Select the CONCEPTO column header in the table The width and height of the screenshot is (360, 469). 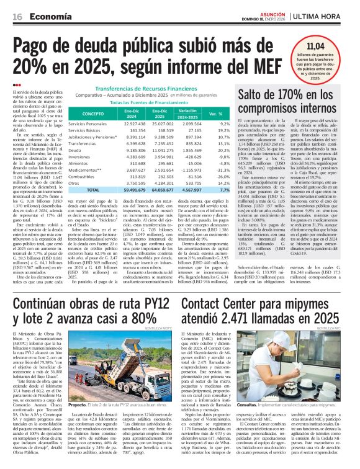point(94,114)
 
